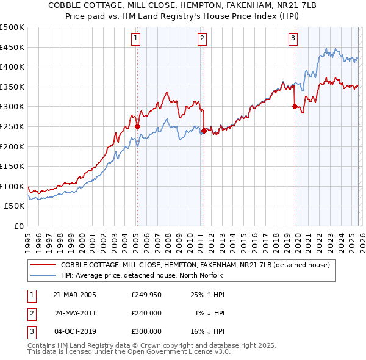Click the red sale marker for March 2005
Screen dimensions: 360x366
click(x=137, y=127)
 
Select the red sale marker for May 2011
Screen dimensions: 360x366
click(x=204, y=131)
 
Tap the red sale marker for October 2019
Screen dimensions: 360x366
click(x=295, y=106)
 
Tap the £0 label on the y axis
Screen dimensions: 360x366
click(x=18, y=226)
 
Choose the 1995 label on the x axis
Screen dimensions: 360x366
click(x=27, y=239)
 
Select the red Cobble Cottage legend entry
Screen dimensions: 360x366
click(x=195, y=265)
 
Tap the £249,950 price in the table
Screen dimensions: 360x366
click(x=146, y=295)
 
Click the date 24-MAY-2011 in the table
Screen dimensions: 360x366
click(x=75, y=313)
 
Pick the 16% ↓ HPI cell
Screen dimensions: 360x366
click(x=207, y=331)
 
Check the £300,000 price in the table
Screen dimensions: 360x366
click(x=146, y=331)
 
